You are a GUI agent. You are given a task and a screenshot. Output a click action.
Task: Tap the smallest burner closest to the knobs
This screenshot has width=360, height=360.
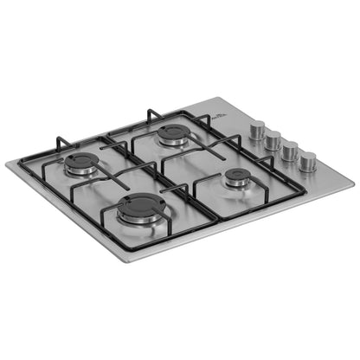[x=235, y=178]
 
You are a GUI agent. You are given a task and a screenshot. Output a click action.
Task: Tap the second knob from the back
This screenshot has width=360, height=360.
[x=272, y=140]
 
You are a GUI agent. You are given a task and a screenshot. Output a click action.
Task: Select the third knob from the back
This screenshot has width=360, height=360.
[x=290, y=151]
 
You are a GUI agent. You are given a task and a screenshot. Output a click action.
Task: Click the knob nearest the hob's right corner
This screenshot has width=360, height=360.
[x=307, y=161]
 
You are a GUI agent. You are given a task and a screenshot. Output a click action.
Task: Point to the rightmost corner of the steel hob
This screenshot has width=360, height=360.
[x=353, y=183]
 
